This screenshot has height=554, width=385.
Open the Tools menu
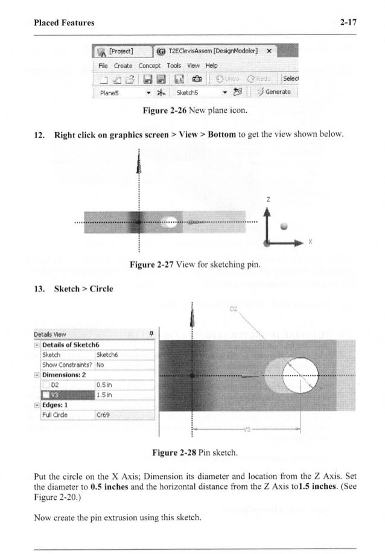[x=174, y=65]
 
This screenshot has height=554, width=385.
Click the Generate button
[x=273, y=92]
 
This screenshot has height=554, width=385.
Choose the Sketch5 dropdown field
[x=199, y=93]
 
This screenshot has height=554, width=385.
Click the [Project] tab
[x=117, y=51]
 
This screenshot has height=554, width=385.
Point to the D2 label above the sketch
[x=234, y=313]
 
